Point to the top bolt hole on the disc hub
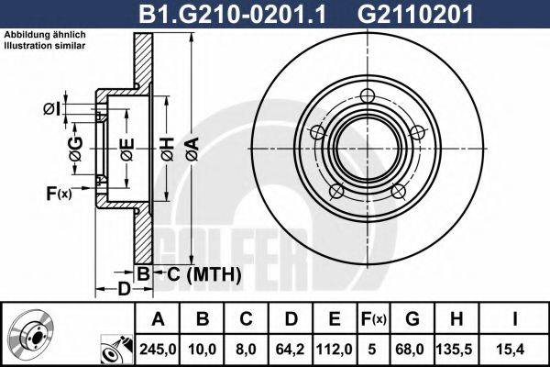pyautogui.click(x=367, y=97)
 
